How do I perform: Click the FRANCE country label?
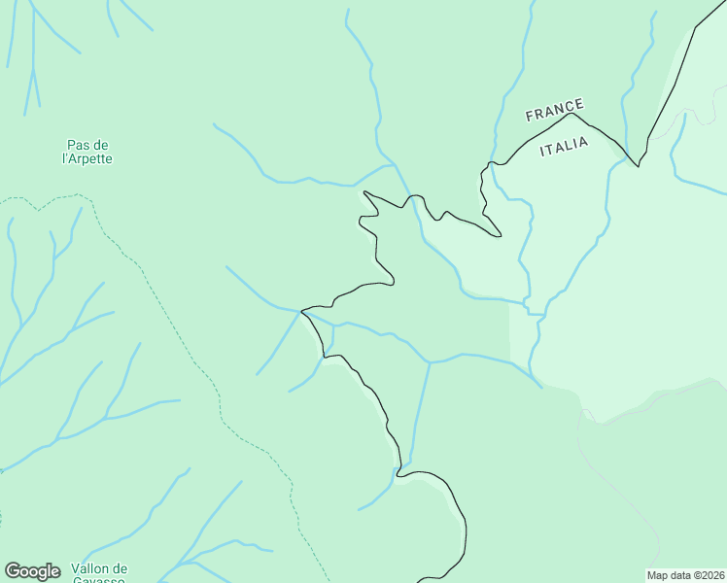(x=555, y=110)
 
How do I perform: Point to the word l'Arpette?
(x=87, y=158)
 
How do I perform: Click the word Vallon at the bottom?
(x=91, y=568)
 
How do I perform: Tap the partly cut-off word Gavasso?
(x=99, y=580)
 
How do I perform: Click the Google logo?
(x=32, y=571)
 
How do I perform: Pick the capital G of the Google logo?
(x=13, y=571)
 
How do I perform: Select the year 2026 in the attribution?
(x=708, y=575)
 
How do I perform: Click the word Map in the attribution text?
(x=658, y=575)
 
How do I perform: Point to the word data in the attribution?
(x=680, y=575)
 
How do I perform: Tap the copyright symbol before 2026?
(x=694, y=575)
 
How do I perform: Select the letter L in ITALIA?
(x=569, y=147)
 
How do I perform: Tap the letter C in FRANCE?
(x=570, y=106)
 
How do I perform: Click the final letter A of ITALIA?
(x=584, y=143)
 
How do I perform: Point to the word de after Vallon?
(x=119, y=568)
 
